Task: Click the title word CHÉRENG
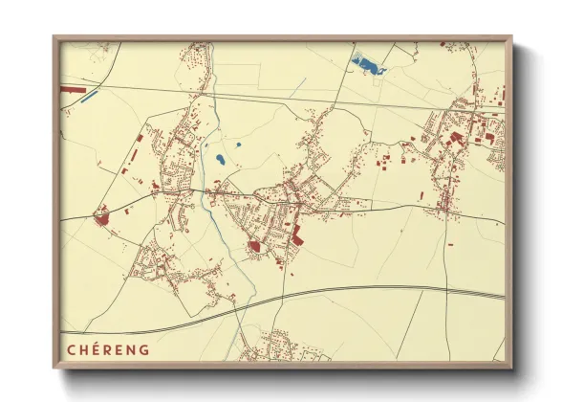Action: tap(108, 350)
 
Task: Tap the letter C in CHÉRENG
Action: tap(71, 350)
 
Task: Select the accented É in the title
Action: tap(96, 350)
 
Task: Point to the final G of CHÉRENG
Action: tap(145, 350)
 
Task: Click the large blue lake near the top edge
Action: tap(365, 65)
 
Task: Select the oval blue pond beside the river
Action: tap(221, 160)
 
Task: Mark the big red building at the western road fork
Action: tap(101, 219)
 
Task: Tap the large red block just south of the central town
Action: tap(255, 247)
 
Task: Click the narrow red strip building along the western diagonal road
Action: tap(138, 149)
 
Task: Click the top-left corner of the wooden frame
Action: tap(55, 38)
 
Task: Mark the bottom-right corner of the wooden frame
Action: tap(510, 367)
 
